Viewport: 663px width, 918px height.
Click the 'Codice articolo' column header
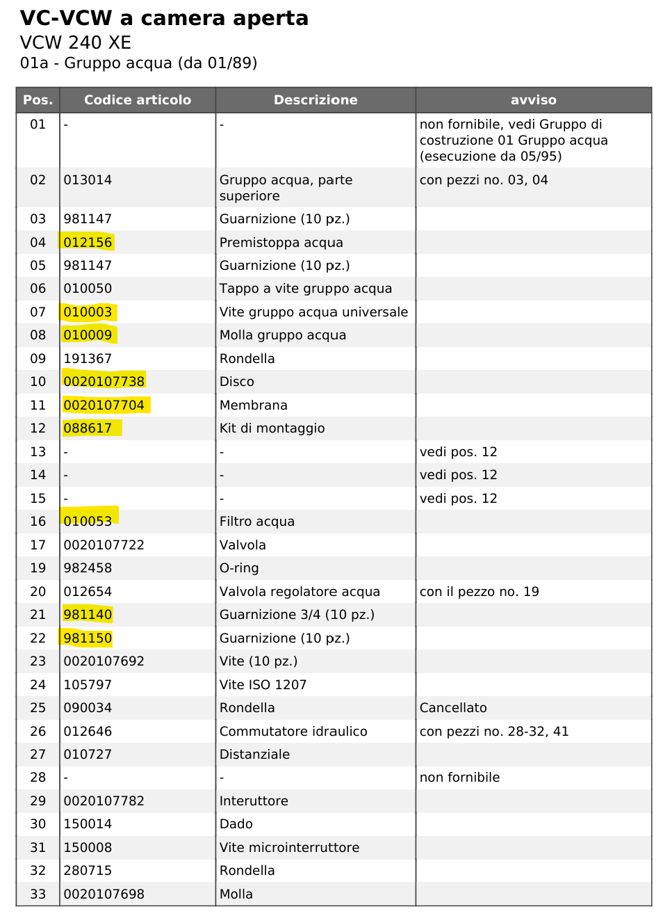(x=137, y=100)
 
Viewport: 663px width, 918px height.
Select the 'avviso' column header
(x=533, y=100)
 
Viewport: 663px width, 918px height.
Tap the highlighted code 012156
(x=88, y=243)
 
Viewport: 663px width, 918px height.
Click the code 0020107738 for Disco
(x=104, y=382)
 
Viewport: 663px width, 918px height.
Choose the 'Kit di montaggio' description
(x=272, y=428)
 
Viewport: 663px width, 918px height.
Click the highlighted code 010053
(x=88, y=522)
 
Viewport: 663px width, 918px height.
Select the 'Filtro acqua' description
(x=256, y=522)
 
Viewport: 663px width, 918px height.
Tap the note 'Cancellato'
(x=452, y=708)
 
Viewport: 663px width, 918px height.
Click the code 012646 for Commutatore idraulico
(x=88, y=732)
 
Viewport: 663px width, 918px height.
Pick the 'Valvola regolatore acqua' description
(x=300, y=592)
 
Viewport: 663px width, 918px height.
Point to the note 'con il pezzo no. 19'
(x=479, y=592)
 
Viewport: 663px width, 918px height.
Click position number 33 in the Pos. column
(x=38, y=894)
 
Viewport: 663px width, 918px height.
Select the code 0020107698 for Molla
(x=104, y=894)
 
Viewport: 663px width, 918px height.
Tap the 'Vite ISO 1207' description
(x=263, y=685)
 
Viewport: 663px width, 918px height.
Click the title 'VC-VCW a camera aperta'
(x=164, y=18)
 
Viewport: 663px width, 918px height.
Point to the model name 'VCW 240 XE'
(x=75, y=43)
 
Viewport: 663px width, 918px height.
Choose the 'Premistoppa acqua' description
(x=281, y=243)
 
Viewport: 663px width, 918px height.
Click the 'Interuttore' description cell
(x=254, y=801)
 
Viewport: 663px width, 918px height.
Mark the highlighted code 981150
(x=88, y=638)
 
